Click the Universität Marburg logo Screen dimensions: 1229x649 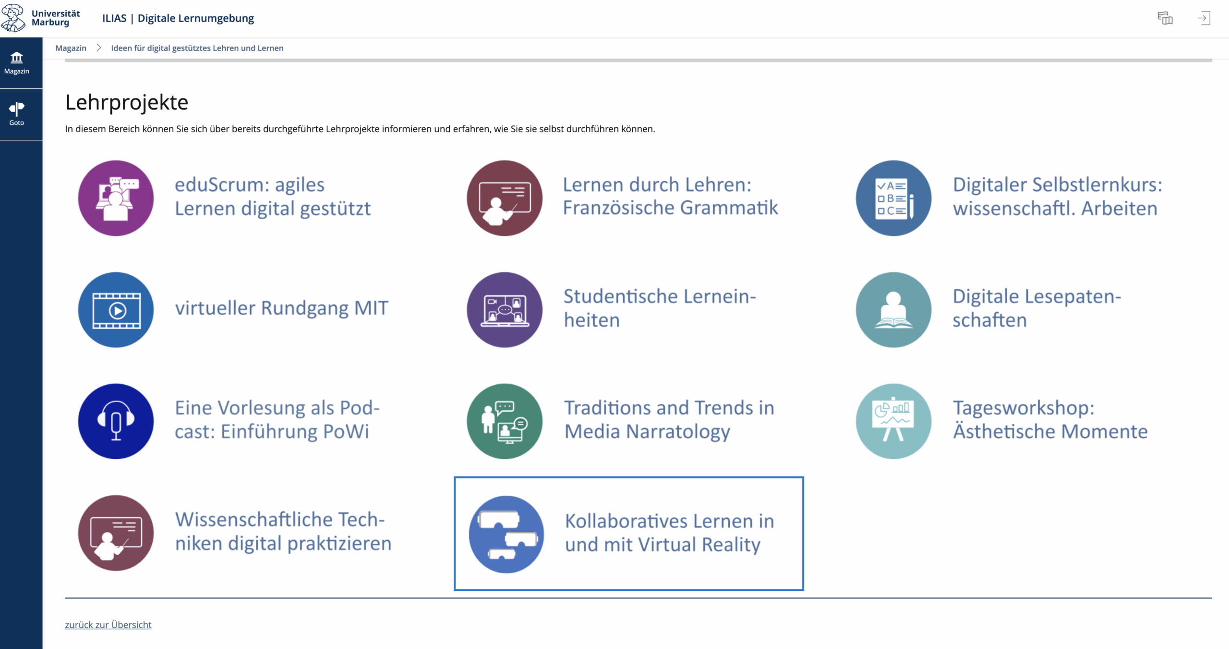41,18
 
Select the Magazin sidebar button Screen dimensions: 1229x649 17,63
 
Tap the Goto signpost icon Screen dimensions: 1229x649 17,109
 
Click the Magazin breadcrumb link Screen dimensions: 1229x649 71,48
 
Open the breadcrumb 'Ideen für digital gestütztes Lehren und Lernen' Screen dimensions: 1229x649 197,48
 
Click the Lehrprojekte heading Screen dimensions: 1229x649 127,102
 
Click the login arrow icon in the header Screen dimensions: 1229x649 1204,18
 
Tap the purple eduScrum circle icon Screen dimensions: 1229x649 116,198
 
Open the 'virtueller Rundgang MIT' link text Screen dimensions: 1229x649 282,308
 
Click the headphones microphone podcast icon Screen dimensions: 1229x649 116,421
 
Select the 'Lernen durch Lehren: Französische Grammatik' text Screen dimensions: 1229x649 670,196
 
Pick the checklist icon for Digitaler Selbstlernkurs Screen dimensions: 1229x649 893,198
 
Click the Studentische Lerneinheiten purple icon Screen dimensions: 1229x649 505,310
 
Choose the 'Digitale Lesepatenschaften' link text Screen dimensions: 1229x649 1037,308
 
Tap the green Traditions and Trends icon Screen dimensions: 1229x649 505,421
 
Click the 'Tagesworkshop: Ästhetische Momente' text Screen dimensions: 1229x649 1050,420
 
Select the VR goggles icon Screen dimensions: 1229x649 506,534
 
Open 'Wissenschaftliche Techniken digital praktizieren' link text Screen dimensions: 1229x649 283,532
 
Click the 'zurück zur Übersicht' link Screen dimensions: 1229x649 108,625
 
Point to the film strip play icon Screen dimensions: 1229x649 116,310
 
